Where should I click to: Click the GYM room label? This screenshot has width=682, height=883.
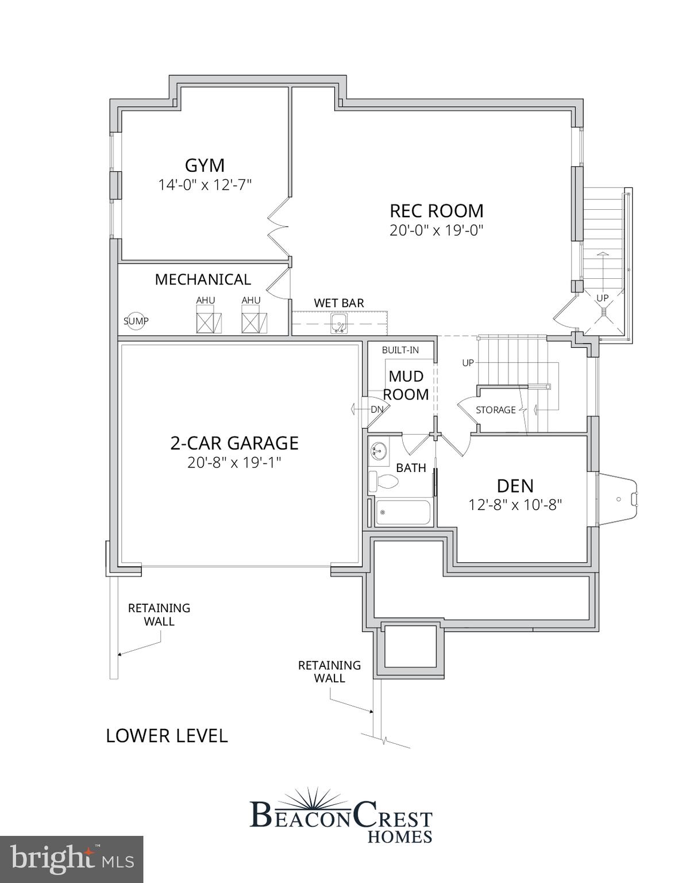pos(205,166)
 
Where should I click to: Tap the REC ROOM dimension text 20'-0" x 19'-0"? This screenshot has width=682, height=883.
pos(436,231)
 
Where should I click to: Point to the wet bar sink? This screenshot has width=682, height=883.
pos(339,323)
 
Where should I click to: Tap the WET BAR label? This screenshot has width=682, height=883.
pos(338,303)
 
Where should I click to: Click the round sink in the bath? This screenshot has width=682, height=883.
pos(379,450)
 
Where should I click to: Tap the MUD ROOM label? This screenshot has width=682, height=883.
pos(406,385)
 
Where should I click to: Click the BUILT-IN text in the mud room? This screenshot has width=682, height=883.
pos(400,350)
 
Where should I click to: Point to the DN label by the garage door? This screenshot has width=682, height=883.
pos(377,410)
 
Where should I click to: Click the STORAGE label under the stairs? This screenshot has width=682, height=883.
pos(495,410)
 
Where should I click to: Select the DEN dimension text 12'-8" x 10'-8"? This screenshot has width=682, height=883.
pos(515,505)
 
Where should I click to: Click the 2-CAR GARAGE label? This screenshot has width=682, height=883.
pos(234,443)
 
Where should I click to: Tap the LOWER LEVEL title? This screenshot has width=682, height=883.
pos(167,735)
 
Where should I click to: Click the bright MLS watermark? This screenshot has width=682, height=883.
pos(72,859)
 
